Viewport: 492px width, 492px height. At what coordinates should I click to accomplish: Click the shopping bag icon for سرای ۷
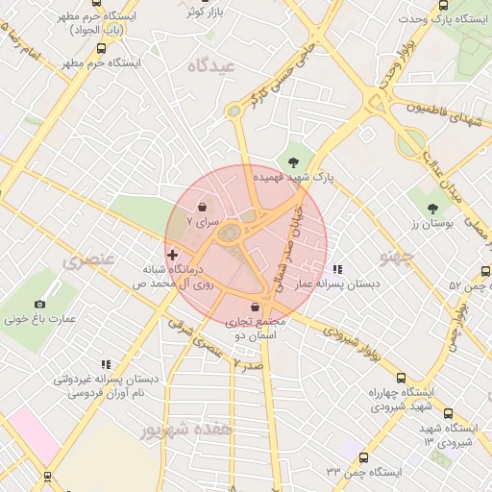[203, 207]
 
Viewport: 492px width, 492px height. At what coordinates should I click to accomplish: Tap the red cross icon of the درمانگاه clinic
[172, 255]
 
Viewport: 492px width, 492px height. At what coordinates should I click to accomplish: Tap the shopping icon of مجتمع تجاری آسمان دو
[255, 307]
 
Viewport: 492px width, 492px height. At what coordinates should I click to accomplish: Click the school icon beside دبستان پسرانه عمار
[336, 269]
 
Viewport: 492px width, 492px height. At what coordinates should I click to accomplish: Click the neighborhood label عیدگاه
[211, 65]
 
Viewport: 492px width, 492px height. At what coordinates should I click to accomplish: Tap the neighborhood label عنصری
[88, 260]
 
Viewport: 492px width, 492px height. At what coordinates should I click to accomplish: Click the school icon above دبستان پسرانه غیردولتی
[106, 364]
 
